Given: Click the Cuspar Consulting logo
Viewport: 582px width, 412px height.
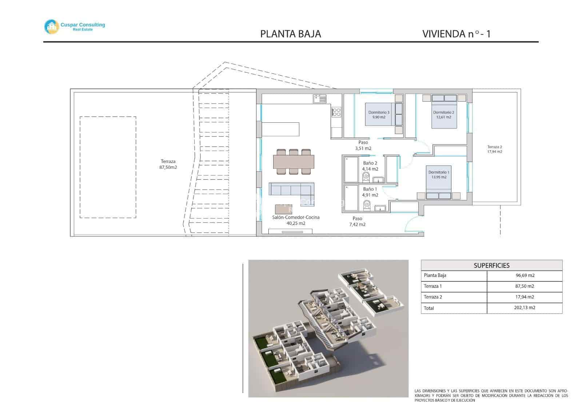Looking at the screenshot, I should point(74,26).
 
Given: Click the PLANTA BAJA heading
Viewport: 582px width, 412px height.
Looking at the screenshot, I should point(290,34).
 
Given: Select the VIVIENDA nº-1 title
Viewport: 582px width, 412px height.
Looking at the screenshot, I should point(456,34).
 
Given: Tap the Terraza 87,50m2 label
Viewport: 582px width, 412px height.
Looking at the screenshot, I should point(168,164).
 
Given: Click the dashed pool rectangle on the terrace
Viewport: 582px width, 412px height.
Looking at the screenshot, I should point(108,167).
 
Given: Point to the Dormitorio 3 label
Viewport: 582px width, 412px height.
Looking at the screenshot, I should point(378,115).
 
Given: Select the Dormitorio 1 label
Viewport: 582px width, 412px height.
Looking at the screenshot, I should point(439,175).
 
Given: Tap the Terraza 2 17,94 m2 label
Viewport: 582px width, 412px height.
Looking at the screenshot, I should point(494,149).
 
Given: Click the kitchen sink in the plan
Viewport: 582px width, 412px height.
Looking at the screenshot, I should point(320,99).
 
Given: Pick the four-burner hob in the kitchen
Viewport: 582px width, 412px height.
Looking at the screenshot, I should point(336,112).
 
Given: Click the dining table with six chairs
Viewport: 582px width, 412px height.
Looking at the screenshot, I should point(294,162).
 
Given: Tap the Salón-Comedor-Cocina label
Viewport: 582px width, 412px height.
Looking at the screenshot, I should point(296,220).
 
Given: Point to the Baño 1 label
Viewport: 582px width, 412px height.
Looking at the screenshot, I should point(370,192).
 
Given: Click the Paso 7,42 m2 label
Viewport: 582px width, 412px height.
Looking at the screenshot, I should point(357,221).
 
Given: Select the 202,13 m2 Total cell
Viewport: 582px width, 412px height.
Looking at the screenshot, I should point(525,308).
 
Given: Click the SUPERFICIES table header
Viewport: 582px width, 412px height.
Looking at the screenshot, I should point(491,265).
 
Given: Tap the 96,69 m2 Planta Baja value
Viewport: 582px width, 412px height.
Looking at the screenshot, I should point(525,276).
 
